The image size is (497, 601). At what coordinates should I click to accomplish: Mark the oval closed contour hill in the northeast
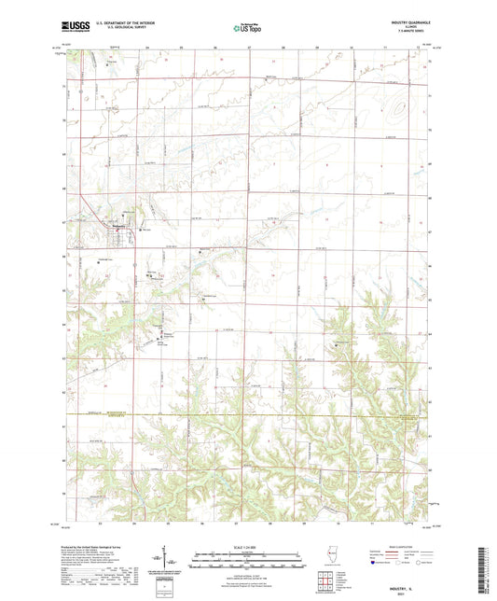pos(401,110)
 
